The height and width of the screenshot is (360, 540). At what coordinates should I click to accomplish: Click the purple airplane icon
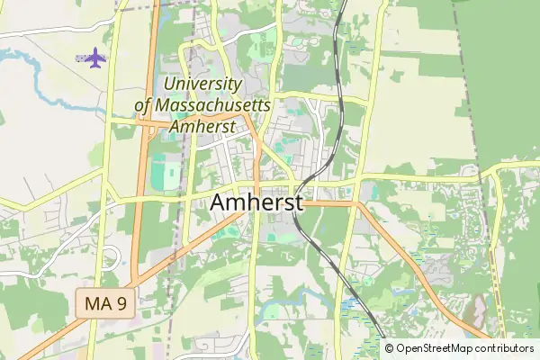93,58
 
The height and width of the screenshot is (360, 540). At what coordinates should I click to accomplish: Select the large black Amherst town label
256,204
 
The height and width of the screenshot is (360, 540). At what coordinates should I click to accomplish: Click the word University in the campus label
202,85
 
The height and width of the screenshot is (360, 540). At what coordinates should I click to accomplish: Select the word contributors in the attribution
505,348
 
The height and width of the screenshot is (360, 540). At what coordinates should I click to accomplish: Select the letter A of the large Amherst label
220,204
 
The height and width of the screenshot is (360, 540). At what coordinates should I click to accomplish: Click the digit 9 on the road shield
121,303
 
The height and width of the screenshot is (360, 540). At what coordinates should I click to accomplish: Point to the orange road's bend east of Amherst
360,205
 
